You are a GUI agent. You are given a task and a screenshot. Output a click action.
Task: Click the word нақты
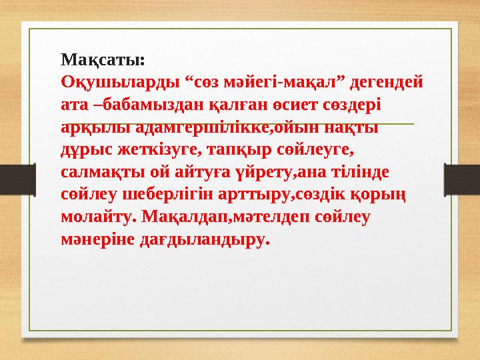pyautogui.click(x=353, y=127)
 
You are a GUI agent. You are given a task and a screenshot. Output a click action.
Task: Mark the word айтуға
pyautogui.click(x=198, y=171)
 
